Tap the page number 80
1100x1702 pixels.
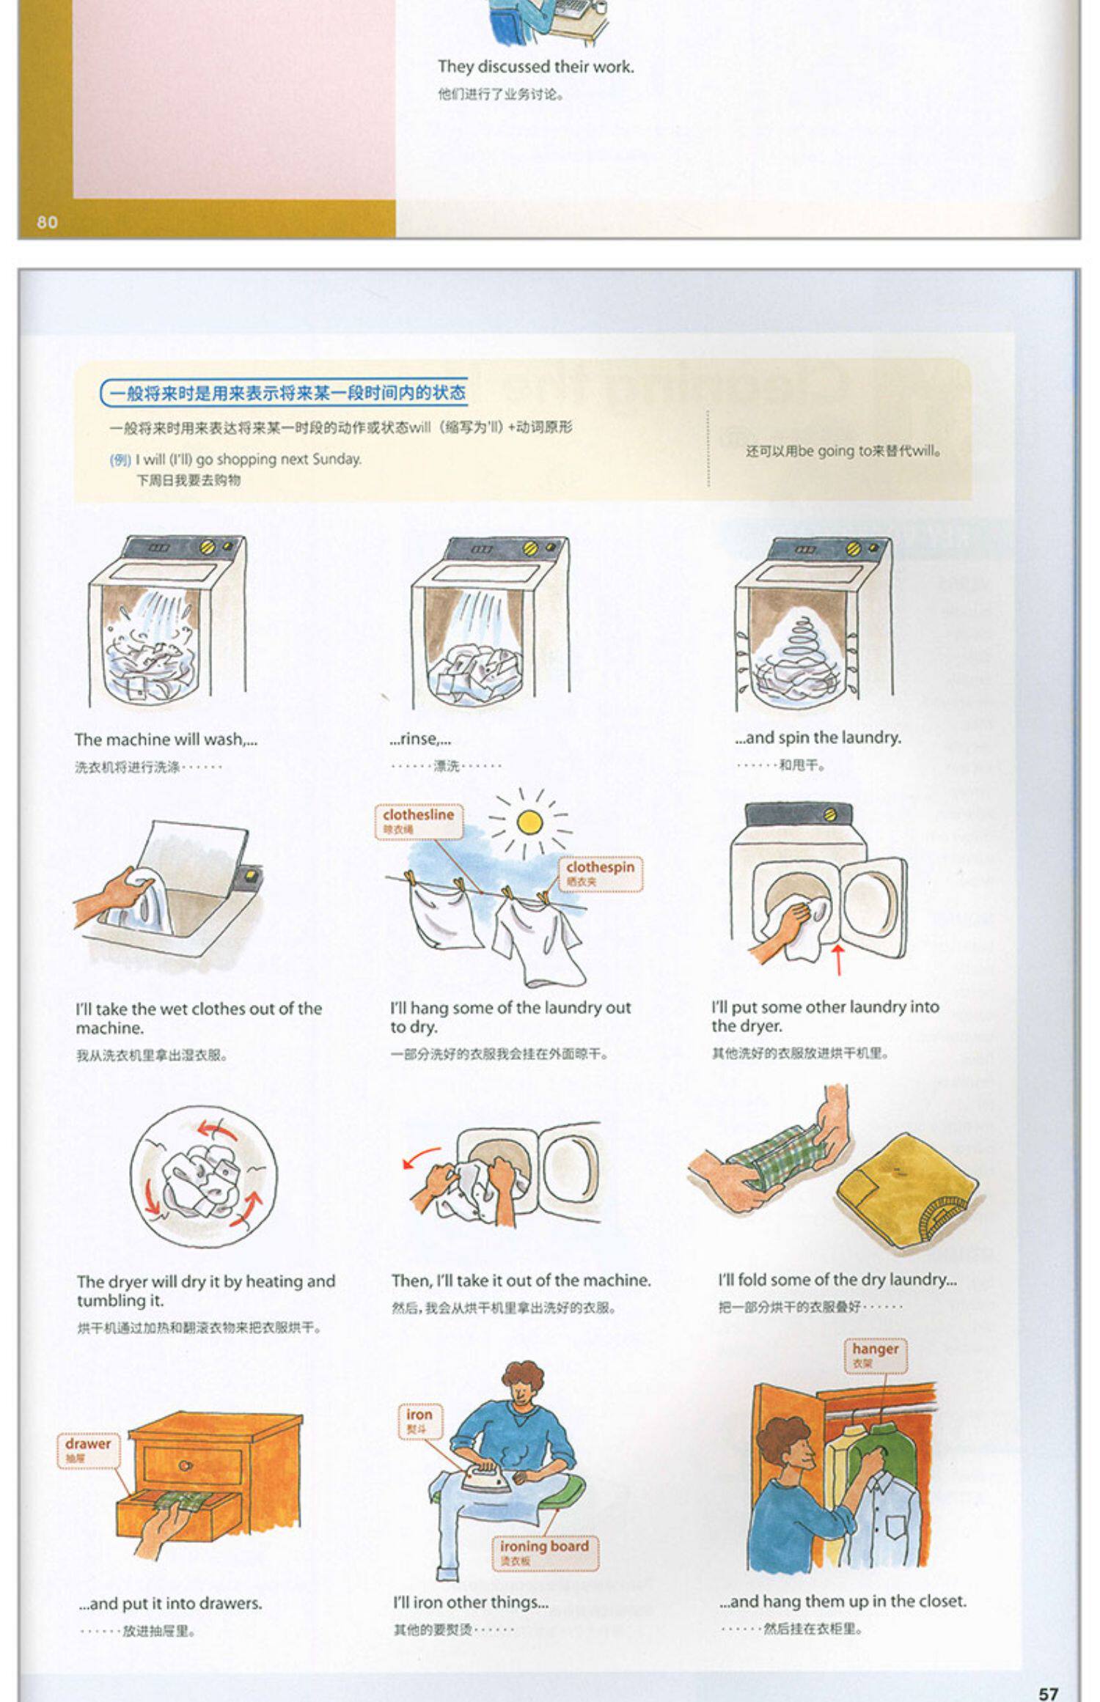tap(47, 222)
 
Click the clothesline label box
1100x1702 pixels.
tap(418, 820)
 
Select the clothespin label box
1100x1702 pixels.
tap(600, 873)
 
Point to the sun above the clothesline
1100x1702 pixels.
tap(529, 822)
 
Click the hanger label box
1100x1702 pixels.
tap(875, 1355)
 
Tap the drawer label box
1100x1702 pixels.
tap(87, 1449)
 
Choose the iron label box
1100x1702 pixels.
tap(419, 1421)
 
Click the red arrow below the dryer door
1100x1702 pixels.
tap(838, 959)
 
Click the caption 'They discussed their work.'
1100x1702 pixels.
tap(535, 67)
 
